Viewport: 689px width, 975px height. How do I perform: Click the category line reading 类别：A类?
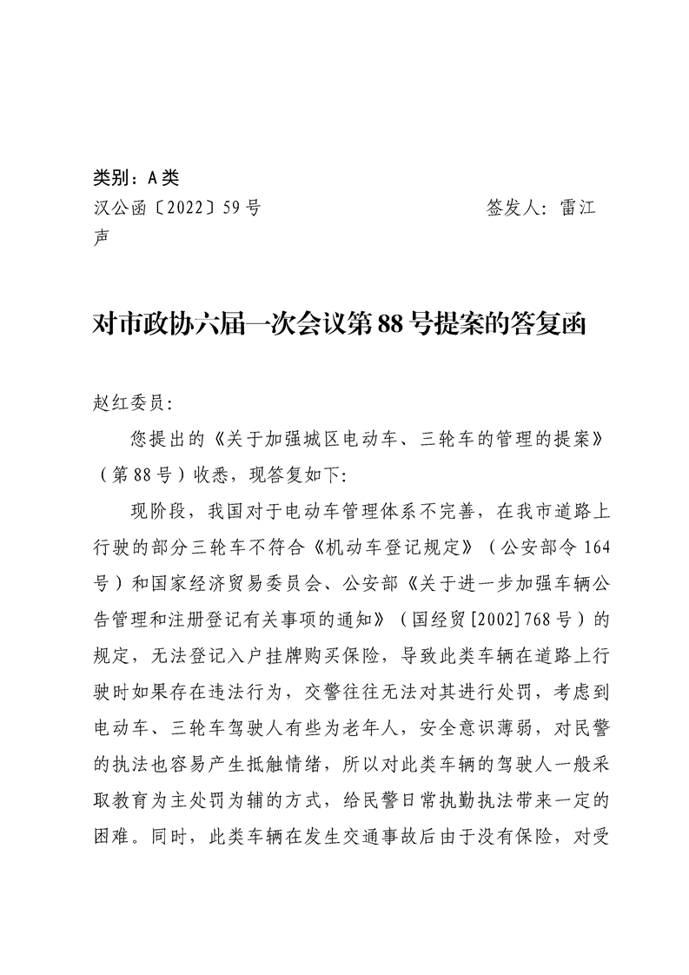click(135, 178)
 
